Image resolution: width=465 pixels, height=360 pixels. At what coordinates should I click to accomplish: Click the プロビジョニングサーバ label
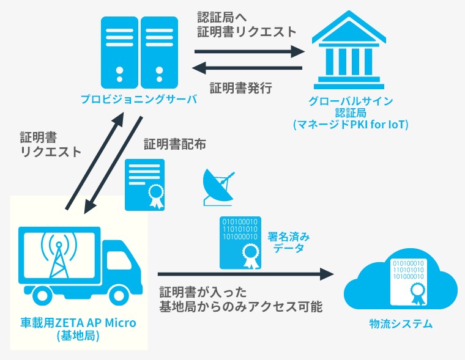point(139,99)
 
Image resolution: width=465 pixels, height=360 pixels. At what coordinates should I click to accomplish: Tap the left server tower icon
point(119,53)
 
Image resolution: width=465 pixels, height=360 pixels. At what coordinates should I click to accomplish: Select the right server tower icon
point(159,53)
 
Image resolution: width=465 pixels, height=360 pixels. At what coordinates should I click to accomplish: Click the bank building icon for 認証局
point(349,50)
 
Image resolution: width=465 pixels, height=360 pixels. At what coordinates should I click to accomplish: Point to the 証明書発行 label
point(241,88)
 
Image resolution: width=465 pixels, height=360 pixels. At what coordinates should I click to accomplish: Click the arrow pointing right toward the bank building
point(250,51)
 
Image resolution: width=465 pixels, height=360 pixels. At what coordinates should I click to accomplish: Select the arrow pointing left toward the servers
point(247,68)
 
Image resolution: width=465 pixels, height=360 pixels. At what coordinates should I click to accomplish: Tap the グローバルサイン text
point(351,101)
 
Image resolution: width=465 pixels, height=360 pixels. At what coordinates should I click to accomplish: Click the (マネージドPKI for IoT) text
point(351,125)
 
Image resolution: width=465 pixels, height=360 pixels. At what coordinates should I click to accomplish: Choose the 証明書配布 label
point(174,144)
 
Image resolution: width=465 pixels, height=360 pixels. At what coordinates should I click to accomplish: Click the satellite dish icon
point(218,187)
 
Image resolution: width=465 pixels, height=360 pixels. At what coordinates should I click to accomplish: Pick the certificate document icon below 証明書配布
point(145,185)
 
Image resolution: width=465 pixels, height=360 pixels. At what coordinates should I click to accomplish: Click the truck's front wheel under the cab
point(118,295)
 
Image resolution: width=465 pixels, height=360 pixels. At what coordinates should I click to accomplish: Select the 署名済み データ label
point(289,242)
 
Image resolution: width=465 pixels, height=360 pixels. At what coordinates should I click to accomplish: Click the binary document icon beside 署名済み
point(240,243)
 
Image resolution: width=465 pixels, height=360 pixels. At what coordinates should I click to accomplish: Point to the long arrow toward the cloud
point(246,274)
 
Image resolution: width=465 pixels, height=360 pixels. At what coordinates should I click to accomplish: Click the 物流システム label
point(401,323)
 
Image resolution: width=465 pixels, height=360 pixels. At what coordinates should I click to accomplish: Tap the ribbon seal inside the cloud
point(418,294)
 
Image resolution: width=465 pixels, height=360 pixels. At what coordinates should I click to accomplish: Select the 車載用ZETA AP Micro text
point(78,323)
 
